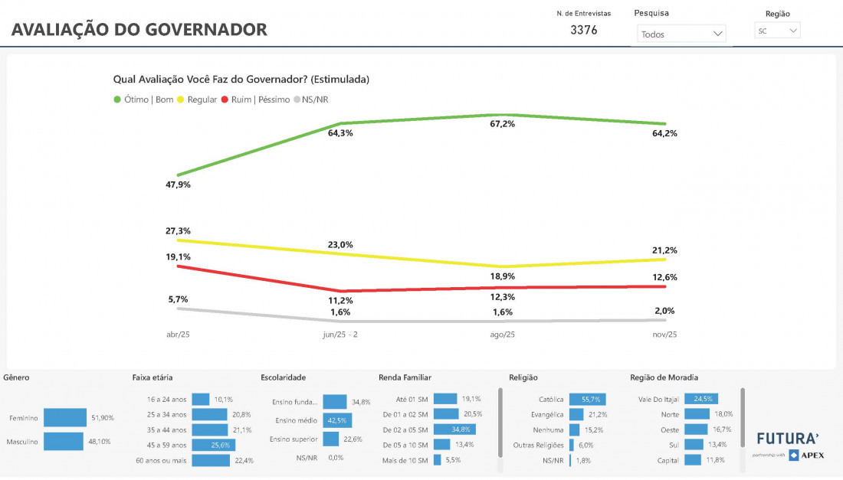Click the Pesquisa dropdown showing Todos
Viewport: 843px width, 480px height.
coord(681,34)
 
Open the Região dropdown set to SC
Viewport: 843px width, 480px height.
coord(777,31)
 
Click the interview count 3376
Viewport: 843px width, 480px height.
coord(584,31)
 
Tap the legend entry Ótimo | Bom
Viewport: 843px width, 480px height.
coord(143,99)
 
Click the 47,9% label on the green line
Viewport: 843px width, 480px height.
coord(178,184)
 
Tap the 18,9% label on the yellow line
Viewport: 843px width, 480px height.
coord(503,276)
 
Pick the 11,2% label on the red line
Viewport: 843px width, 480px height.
coord(340,301)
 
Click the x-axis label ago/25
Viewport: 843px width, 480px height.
coord(503,335)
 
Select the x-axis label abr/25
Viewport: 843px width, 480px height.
coord(178,335)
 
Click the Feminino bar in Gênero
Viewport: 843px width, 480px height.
coord(65,417)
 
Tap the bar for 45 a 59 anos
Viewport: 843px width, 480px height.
coord(213,445)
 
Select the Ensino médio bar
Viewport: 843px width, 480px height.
coord(335,420)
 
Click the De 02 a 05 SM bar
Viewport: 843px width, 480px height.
coord(454,429)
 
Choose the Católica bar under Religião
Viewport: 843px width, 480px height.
coord(588,399)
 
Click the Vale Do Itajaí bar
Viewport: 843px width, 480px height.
coord(700,399)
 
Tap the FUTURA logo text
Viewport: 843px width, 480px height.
coord(787,439)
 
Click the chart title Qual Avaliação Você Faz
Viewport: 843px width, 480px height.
coord(241,79)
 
